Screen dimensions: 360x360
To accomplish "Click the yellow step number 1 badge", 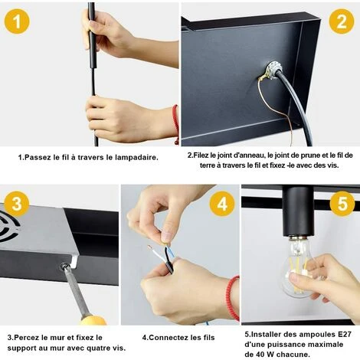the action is click(17, 21).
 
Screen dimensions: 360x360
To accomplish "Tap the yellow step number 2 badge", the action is click(342, 21).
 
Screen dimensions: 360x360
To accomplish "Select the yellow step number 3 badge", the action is click(17, 204).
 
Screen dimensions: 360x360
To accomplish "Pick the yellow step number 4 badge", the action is click(222, 204).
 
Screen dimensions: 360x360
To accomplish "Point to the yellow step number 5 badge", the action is click(342, 204).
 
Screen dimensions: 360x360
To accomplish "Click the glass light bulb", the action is click(297, 266).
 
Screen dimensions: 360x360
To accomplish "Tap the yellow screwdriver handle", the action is click(93, 320).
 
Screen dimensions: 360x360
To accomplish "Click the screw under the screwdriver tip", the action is click(64, 267).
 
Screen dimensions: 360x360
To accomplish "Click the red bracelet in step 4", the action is click(233, 297).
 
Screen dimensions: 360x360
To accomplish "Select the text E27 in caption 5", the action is click(344, 334).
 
